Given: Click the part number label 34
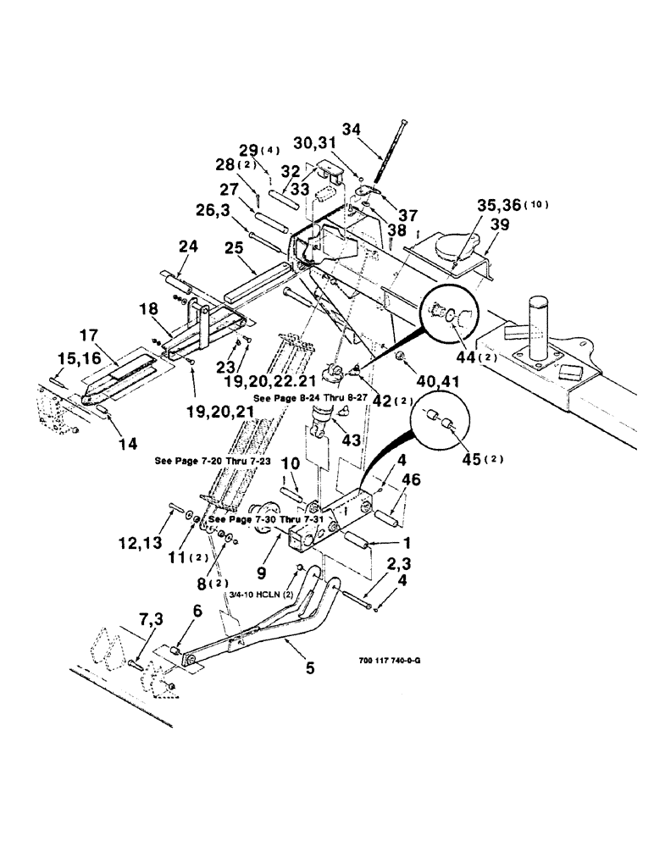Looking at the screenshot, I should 351,130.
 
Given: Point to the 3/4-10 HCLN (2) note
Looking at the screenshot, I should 258,595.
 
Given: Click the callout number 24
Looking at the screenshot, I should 188,248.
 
